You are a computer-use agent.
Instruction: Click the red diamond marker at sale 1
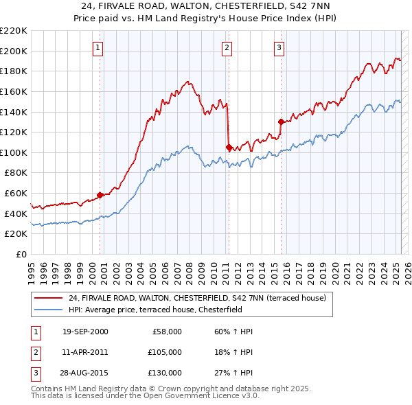click(x=100, y=195)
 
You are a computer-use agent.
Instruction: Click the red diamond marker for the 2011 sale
click(x=229, y=147)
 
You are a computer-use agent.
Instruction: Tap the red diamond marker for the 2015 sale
click(x=281, y=121)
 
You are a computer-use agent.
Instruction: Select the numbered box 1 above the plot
click(x=99, y=47)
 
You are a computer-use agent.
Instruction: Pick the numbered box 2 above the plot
click(x=227, y=47)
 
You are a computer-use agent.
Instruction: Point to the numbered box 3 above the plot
click(x=279, y=47)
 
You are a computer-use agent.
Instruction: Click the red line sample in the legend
click(x=47, y=298)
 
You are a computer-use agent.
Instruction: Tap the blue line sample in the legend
click(x=47, y=310)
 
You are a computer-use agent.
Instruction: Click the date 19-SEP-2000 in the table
click(x=85, y=332)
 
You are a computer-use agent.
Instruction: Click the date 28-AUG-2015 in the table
click(x=85, y=373)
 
